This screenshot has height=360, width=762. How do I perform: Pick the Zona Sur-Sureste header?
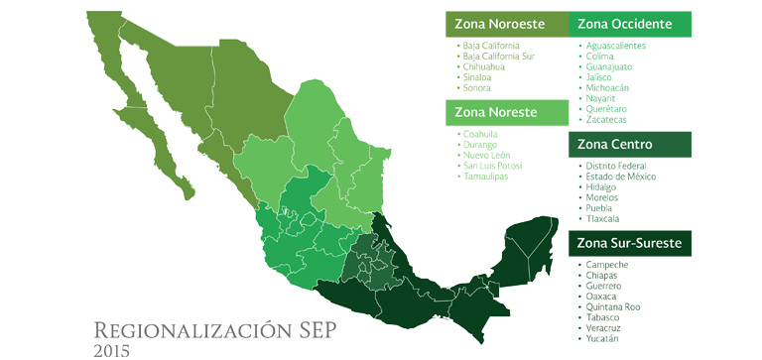pos(629,243)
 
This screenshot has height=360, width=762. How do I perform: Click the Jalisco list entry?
pos(601,77)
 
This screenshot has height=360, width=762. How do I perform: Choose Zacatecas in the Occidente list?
pos(608,120)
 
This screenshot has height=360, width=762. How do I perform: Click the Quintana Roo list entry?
pos(612,306)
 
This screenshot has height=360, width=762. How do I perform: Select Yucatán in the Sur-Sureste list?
pos(602,338)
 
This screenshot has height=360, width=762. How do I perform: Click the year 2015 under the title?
pos(112,349)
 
